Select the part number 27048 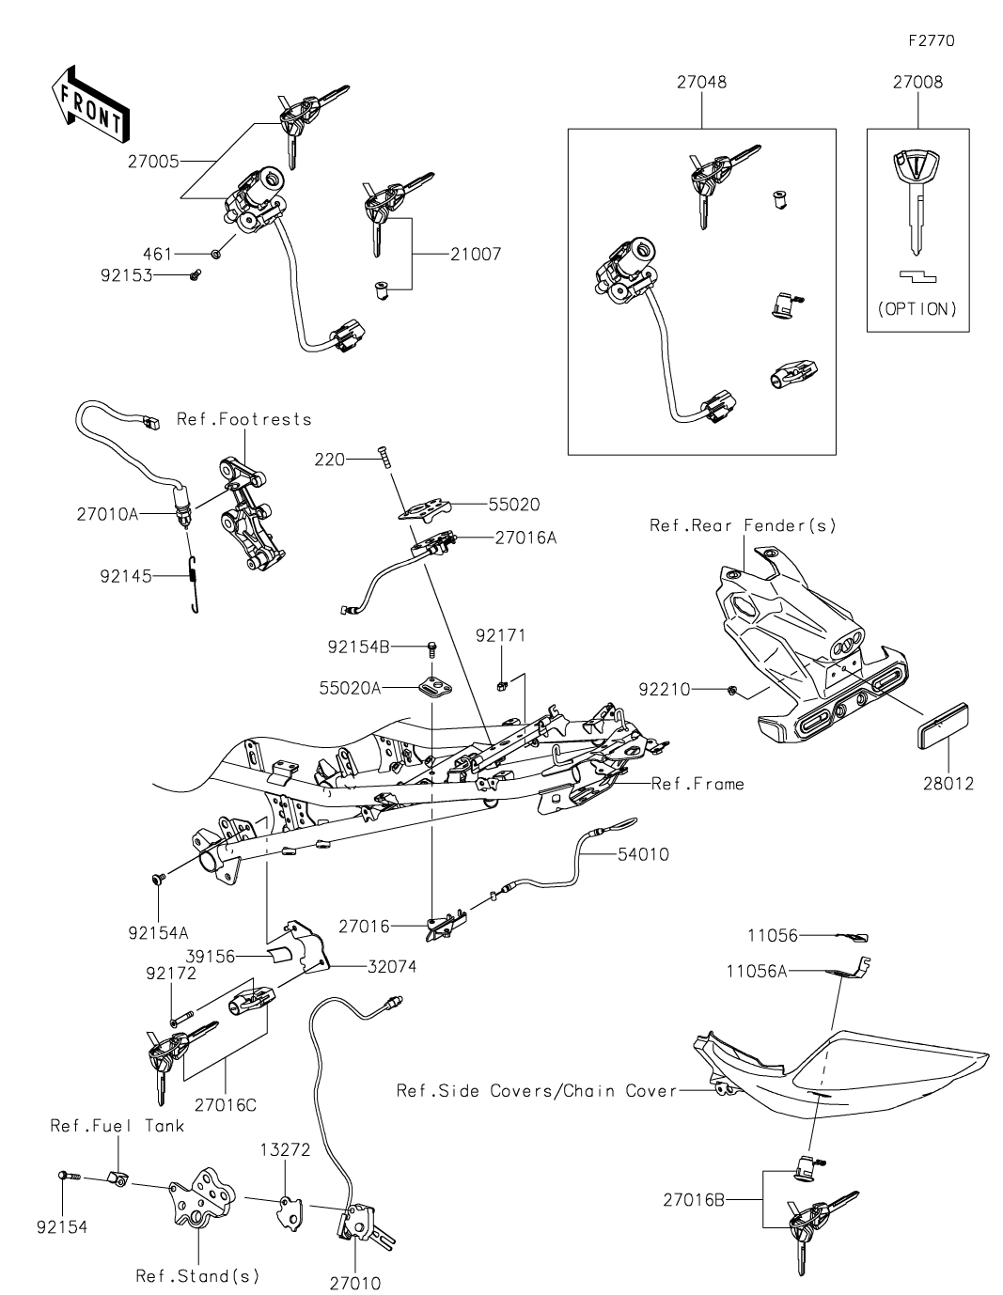(x=701, y=82)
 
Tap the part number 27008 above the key (x=917, y=82)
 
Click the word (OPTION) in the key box (x=917, y=308)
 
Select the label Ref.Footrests (x=243, y=418)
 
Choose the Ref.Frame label (x=697, y=783)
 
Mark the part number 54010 (x=643, y=854)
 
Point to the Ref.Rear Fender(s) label (x=743, y=524)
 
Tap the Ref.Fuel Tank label (x=118, y=1125)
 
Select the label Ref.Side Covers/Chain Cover (x=537, y=1090)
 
